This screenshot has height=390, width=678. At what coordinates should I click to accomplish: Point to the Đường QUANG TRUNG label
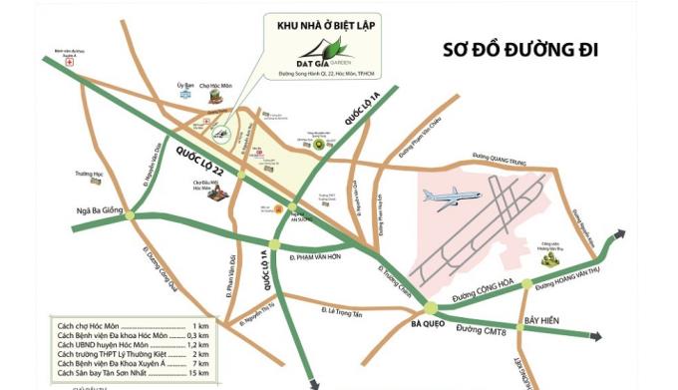click(x=504, y=156)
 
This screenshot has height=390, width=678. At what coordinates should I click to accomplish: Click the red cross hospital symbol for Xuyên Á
click(x=69, y=62)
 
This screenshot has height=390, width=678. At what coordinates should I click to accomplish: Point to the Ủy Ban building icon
click(x=183, y=94)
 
